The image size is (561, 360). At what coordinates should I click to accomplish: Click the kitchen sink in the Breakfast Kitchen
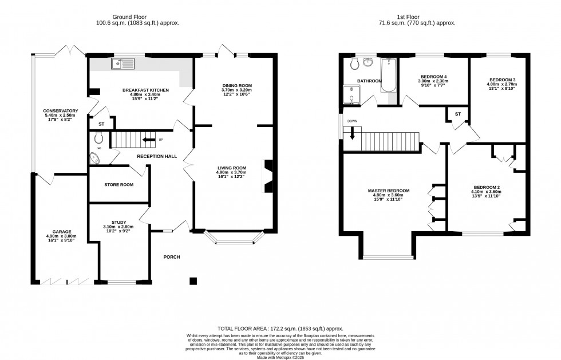point(123,64)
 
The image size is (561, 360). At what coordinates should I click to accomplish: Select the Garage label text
point(58,232)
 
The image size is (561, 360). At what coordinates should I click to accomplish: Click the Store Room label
point(118,185)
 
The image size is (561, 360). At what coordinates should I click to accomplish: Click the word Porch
point(171,257)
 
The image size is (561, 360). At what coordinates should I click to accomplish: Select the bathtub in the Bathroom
point(389,76)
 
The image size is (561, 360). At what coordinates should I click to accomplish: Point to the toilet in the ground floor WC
point(98,137)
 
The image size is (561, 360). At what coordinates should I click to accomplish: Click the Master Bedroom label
point(388,191)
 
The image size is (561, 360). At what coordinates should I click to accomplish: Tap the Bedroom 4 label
point(433,77)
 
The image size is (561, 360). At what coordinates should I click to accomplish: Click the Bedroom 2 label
point(487,187)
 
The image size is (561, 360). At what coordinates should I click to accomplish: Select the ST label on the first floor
point(458,114)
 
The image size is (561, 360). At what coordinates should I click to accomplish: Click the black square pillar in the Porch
point(193,281)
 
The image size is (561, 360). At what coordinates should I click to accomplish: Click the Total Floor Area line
point(280,329)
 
